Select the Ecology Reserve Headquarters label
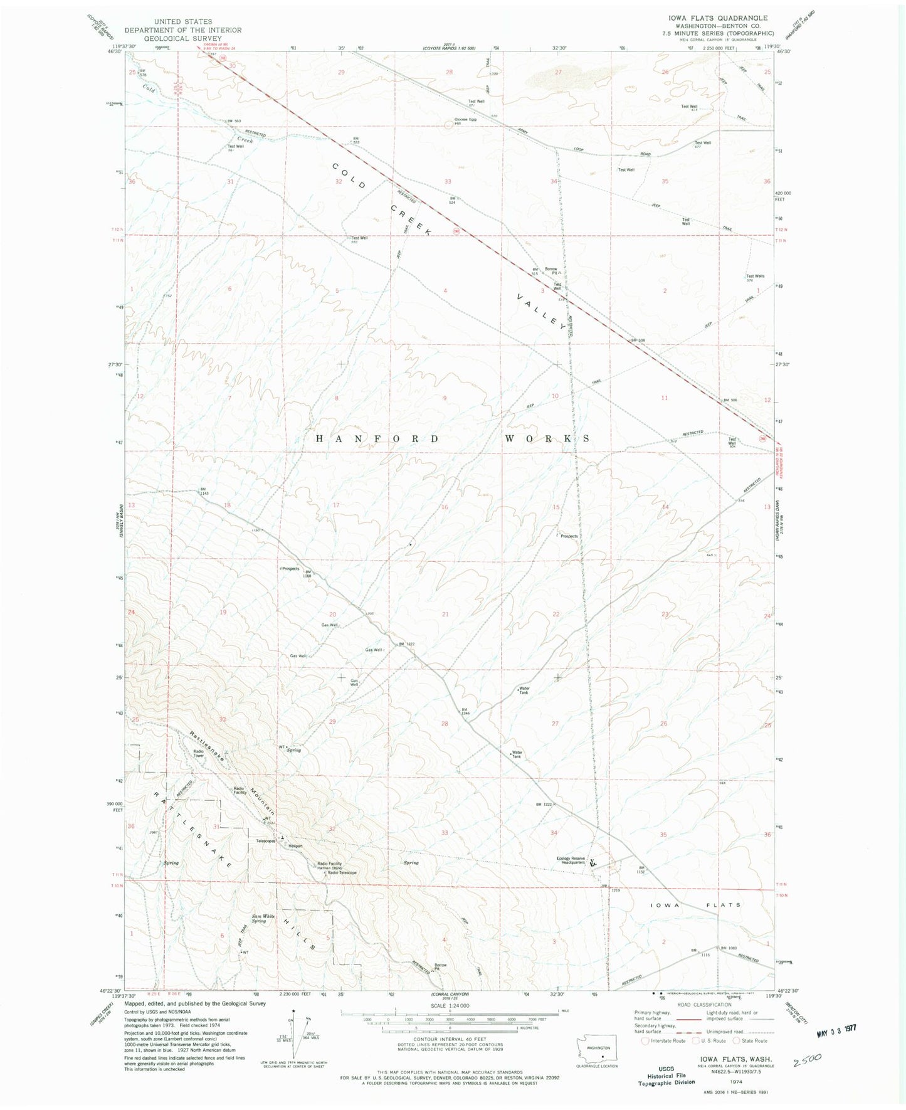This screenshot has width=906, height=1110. pyautogui.click(x=570, y=861)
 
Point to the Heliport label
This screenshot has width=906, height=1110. pyautogui.click(x=295, y=845)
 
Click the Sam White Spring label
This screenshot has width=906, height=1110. pyautogui.click(x=263, y=919)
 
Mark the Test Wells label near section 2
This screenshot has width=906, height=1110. pyautogui.click(x=755, y=277)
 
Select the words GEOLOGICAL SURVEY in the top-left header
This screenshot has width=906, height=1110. pyautogui.click(x=183, y=38)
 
